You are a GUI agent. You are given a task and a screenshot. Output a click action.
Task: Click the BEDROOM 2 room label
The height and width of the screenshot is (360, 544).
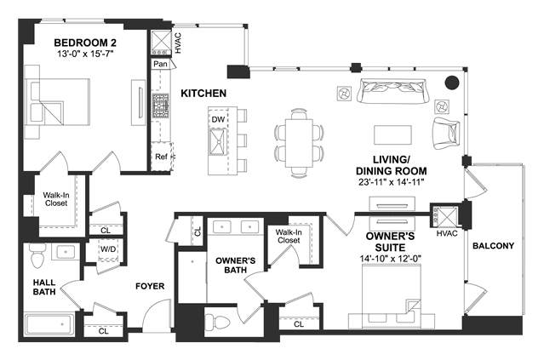coord(85,43)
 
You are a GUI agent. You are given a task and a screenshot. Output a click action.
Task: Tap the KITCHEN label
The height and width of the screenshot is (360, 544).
coord(203,94)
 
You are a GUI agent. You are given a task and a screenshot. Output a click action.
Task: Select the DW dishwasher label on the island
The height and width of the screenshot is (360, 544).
coord(218,119)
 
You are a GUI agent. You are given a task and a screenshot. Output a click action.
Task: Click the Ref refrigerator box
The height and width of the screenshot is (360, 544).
coord(161,157)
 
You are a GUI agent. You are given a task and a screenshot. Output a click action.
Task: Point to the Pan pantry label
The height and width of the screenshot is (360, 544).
coord(160,64)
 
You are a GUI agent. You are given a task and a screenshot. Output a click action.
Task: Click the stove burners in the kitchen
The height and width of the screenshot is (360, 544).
coord(160,106)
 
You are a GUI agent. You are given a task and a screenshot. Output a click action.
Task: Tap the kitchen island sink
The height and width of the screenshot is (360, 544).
coord(218,141)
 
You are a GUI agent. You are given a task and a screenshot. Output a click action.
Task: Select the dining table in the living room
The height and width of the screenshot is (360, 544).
coord(299,143)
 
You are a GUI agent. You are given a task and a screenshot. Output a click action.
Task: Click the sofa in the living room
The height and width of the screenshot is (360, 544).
coord(393,91)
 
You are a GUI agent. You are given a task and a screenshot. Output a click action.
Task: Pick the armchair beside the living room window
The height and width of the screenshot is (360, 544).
coord(446,133)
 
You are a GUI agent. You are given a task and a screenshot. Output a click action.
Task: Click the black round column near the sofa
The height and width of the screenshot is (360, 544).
coord(452,83)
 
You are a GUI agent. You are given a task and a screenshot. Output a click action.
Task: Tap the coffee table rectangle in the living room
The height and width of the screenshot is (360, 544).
coord(392,134)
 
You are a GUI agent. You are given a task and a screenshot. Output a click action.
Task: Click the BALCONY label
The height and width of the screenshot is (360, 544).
coord(494,246)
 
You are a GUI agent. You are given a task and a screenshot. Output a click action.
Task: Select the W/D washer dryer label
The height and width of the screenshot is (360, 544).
coord(108,249)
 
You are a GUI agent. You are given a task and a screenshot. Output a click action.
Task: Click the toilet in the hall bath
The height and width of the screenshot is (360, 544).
coord(37,255)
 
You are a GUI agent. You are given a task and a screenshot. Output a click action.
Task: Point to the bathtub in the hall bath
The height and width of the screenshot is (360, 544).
coord(49,324)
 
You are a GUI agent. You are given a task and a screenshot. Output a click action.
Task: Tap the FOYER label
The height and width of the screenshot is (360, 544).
coord(150,286)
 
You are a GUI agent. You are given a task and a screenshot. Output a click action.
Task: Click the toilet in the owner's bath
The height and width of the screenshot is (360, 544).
coord(217,321)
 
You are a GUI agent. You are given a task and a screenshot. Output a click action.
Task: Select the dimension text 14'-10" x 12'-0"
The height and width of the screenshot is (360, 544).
coord(390,259)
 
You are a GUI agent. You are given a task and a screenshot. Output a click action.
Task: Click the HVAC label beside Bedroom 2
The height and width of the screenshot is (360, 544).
coord(178,43)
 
